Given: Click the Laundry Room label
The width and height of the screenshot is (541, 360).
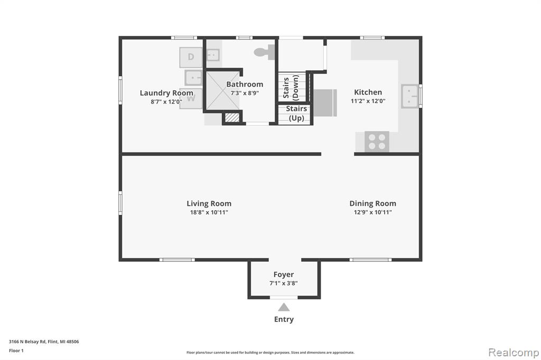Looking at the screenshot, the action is (166, 93).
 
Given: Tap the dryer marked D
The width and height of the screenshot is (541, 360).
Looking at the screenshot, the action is (191, 57).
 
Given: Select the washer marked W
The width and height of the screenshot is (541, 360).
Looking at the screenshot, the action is (191, 99).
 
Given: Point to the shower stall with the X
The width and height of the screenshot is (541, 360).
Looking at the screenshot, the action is (223, 90).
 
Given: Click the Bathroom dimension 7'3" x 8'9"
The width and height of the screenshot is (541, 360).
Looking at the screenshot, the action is (245, 93).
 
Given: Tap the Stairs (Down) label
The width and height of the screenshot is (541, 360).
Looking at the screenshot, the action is (291, 88).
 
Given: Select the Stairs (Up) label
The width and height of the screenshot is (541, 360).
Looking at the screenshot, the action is (296, 113).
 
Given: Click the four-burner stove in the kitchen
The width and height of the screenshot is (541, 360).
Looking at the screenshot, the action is (377, 141).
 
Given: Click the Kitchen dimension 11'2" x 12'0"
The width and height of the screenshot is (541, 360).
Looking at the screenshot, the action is (368, 101).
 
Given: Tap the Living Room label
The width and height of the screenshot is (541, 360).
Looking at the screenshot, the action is (209, 203).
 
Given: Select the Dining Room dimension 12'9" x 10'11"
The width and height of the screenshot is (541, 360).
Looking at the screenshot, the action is (372, 212).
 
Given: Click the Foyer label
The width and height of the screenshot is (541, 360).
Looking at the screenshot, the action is (284, 274).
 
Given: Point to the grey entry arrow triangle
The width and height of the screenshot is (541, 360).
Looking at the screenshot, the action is (284, 307).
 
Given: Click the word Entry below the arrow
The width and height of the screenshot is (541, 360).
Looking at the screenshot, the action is (284, 319).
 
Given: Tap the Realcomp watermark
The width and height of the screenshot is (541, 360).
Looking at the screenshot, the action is (514, 353).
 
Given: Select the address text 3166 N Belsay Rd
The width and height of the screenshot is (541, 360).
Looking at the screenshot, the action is (27, 342).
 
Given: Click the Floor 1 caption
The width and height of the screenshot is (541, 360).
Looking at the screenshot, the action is (16, 350).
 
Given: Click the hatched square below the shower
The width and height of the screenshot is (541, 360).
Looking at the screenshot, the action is (232, 117).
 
